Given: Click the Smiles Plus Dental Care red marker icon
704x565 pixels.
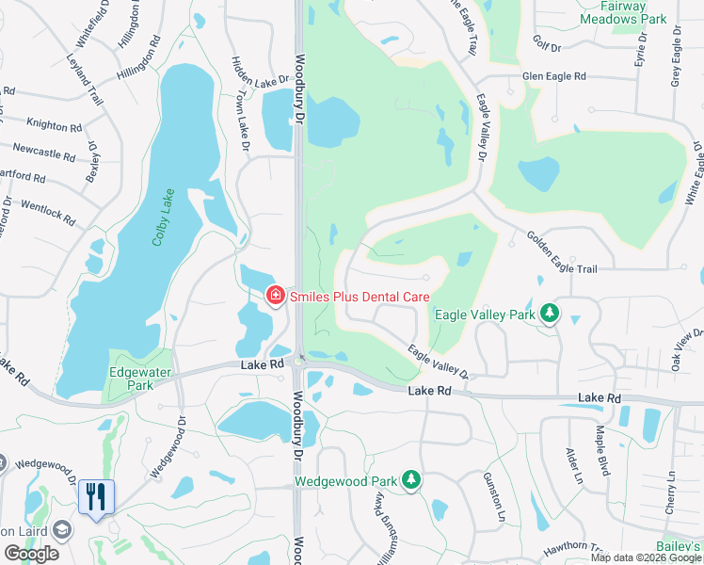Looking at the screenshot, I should [275, 297].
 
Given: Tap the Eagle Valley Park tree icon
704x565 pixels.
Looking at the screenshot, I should [549, 315].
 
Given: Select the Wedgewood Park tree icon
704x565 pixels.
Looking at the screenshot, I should [411, 480].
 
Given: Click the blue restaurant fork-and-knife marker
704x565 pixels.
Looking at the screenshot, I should [95, 496].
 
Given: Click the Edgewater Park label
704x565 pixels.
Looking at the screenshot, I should [132, 378].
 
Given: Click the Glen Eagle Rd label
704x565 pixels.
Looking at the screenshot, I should [554, 75].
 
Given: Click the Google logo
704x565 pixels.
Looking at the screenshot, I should [31, 554].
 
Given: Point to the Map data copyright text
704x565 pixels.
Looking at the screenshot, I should [646, 557].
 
